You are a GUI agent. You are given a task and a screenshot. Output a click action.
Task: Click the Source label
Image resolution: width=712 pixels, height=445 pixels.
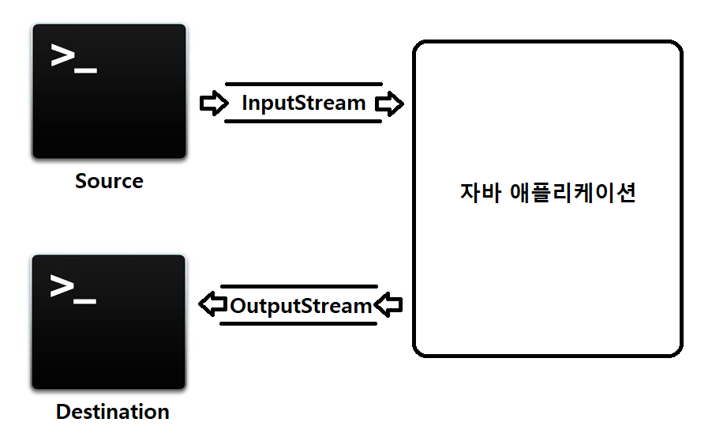pos(109,181)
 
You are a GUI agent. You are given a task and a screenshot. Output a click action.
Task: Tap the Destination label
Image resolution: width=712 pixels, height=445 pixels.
pos(112,412)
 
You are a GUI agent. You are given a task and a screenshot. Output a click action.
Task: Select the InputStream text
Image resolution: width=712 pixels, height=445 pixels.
pos(303,103)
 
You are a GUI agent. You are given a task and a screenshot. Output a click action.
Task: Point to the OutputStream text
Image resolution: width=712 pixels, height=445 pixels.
pos(300,305)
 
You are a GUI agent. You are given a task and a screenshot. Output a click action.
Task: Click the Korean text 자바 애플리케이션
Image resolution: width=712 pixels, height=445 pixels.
pos(547,194)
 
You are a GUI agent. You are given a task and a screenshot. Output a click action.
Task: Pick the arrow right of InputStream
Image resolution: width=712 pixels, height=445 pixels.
pos(388,104)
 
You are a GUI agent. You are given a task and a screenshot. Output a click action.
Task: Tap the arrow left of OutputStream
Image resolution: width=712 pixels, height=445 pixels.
pos(212,305)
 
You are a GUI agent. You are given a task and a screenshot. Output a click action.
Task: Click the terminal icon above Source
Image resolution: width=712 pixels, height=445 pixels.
pos(109,91)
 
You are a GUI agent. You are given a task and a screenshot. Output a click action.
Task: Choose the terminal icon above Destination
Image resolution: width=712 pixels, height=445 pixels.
pos(109,322)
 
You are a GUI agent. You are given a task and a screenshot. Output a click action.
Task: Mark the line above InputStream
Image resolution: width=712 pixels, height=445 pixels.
pos(303,84)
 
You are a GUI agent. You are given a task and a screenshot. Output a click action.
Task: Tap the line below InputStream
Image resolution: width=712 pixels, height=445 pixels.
pos(303,121)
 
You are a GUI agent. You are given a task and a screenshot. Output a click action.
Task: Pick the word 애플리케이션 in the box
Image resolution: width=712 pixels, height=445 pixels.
pos(573,194)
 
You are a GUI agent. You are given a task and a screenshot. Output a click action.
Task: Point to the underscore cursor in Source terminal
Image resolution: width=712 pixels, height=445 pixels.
pos(86,71)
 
